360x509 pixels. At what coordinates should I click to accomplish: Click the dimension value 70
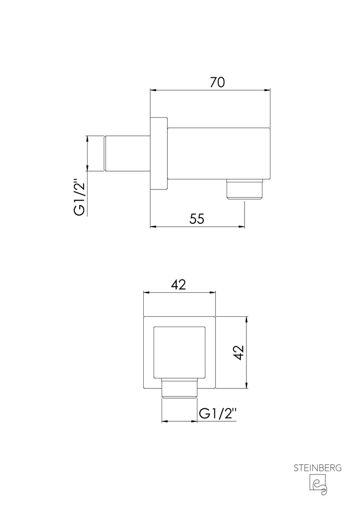pos(217,82)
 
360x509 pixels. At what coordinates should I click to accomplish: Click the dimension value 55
pos(197,219)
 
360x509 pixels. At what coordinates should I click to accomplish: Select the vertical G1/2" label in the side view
pos(80,197)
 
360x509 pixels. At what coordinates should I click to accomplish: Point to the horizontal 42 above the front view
pos(179,285)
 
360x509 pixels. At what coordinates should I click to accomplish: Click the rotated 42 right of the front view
pos(238,353)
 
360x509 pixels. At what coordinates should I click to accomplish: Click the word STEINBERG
pos(318,468)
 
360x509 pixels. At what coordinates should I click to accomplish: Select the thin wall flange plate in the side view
pos(159,153)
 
